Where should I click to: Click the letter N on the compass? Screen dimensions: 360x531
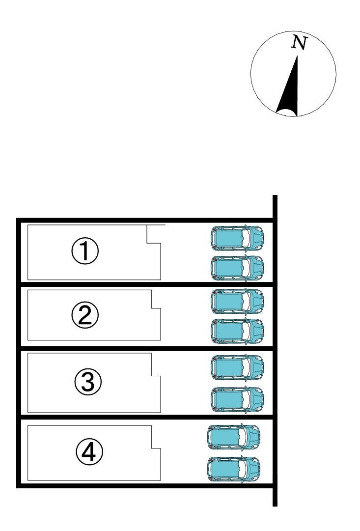(x=300, y=43)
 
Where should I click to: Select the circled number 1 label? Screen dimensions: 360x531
(x=85, y=252)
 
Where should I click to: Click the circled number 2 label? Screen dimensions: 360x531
(x=85, y=315)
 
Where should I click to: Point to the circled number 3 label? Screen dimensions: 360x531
(x=88, y=382)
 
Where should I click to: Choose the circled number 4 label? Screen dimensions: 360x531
(x=89, y=452)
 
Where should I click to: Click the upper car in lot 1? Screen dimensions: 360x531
(x=237, y=238)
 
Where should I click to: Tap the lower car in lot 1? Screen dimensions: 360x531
(x=237, y=268)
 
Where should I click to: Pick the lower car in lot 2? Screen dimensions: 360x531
(x=237, y=331)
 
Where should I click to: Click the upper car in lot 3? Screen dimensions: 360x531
(x=237, y=367)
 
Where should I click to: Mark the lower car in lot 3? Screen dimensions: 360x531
(x=237, y=400)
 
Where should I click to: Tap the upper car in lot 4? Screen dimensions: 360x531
(x=234, y=437)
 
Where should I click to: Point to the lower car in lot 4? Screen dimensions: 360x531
(x=234, y=470)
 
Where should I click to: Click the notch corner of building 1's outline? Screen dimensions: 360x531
(x=147, y=243)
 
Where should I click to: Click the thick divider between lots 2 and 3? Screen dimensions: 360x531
(x=147, y=348)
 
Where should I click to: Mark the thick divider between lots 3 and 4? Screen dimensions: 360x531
(x=147, y=417)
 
